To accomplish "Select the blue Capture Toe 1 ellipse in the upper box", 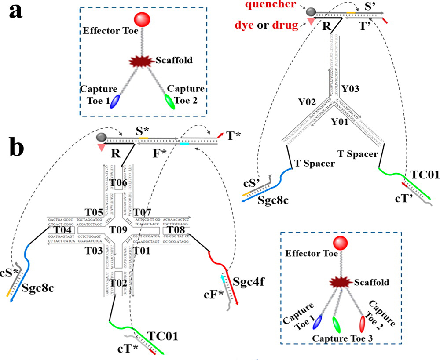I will [x=115, y=101].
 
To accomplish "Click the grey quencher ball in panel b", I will [x=101, y=137].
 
